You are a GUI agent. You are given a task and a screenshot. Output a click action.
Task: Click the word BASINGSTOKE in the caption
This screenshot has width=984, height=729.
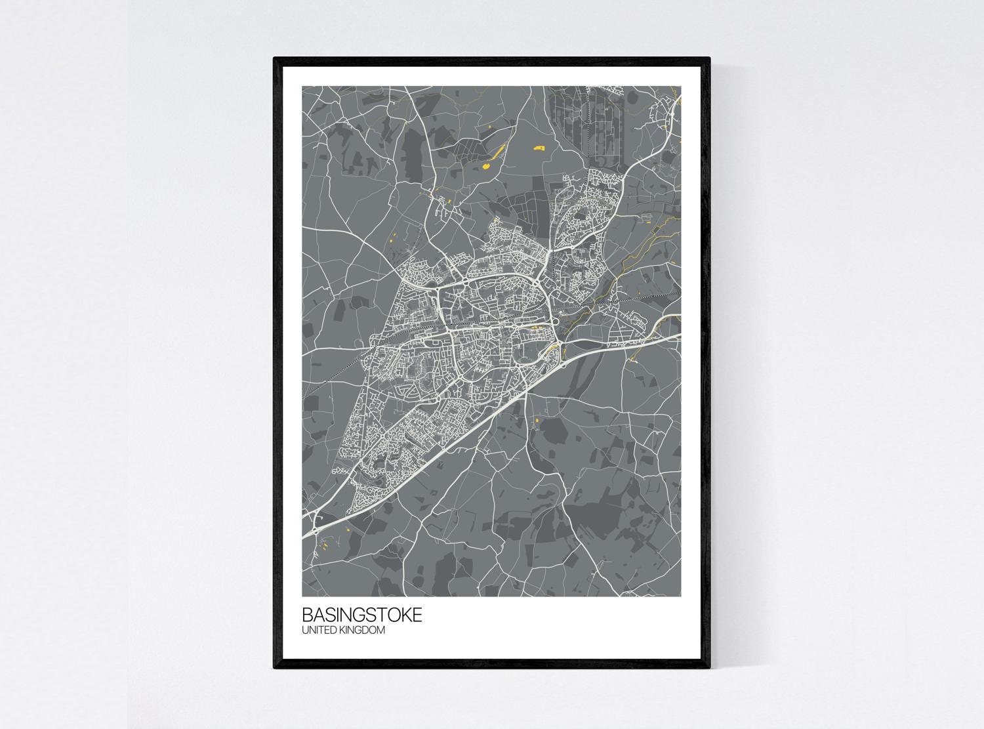tap(362, 615)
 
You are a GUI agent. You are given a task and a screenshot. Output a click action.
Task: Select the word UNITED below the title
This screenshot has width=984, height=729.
tap(318, 631)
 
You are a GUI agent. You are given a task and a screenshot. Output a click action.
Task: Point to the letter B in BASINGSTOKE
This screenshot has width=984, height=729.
tap(307, 615)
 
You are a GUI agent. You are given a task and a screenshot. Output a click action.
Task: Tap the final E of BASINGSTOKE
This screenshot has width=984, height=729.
tap(418, 615)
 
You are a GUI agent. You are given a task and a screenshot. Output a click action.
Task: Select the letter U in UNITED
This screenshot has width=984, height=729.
tap(305, 631)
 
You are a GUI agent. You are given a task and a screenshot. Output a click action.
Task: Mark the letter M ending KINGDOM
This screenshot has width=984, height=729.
tap(380, 631)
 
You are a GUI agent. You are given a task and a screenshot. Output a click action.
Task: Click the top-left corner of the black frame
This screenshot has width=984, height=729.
tap(274, 58)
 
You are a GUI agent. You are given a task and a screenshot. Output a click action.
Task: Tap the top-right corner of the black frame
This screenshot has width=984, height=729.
tap(709, 58)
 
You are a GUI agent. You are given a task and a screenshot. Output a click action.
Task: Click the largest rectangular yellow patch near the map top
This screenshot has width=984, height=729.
tap(541, 148)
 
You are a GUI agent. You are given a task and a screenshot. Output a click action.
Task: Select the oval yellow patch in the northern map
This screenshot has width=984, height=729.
tap(487, 167)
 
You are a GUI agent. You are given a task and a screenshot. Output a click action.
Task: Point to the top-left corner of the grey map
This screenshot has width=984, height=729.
tap(302, 87)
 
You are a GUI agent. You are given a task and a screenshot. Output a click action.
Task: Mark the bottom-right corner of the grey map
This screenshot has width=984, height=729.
tap(681, 596)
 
